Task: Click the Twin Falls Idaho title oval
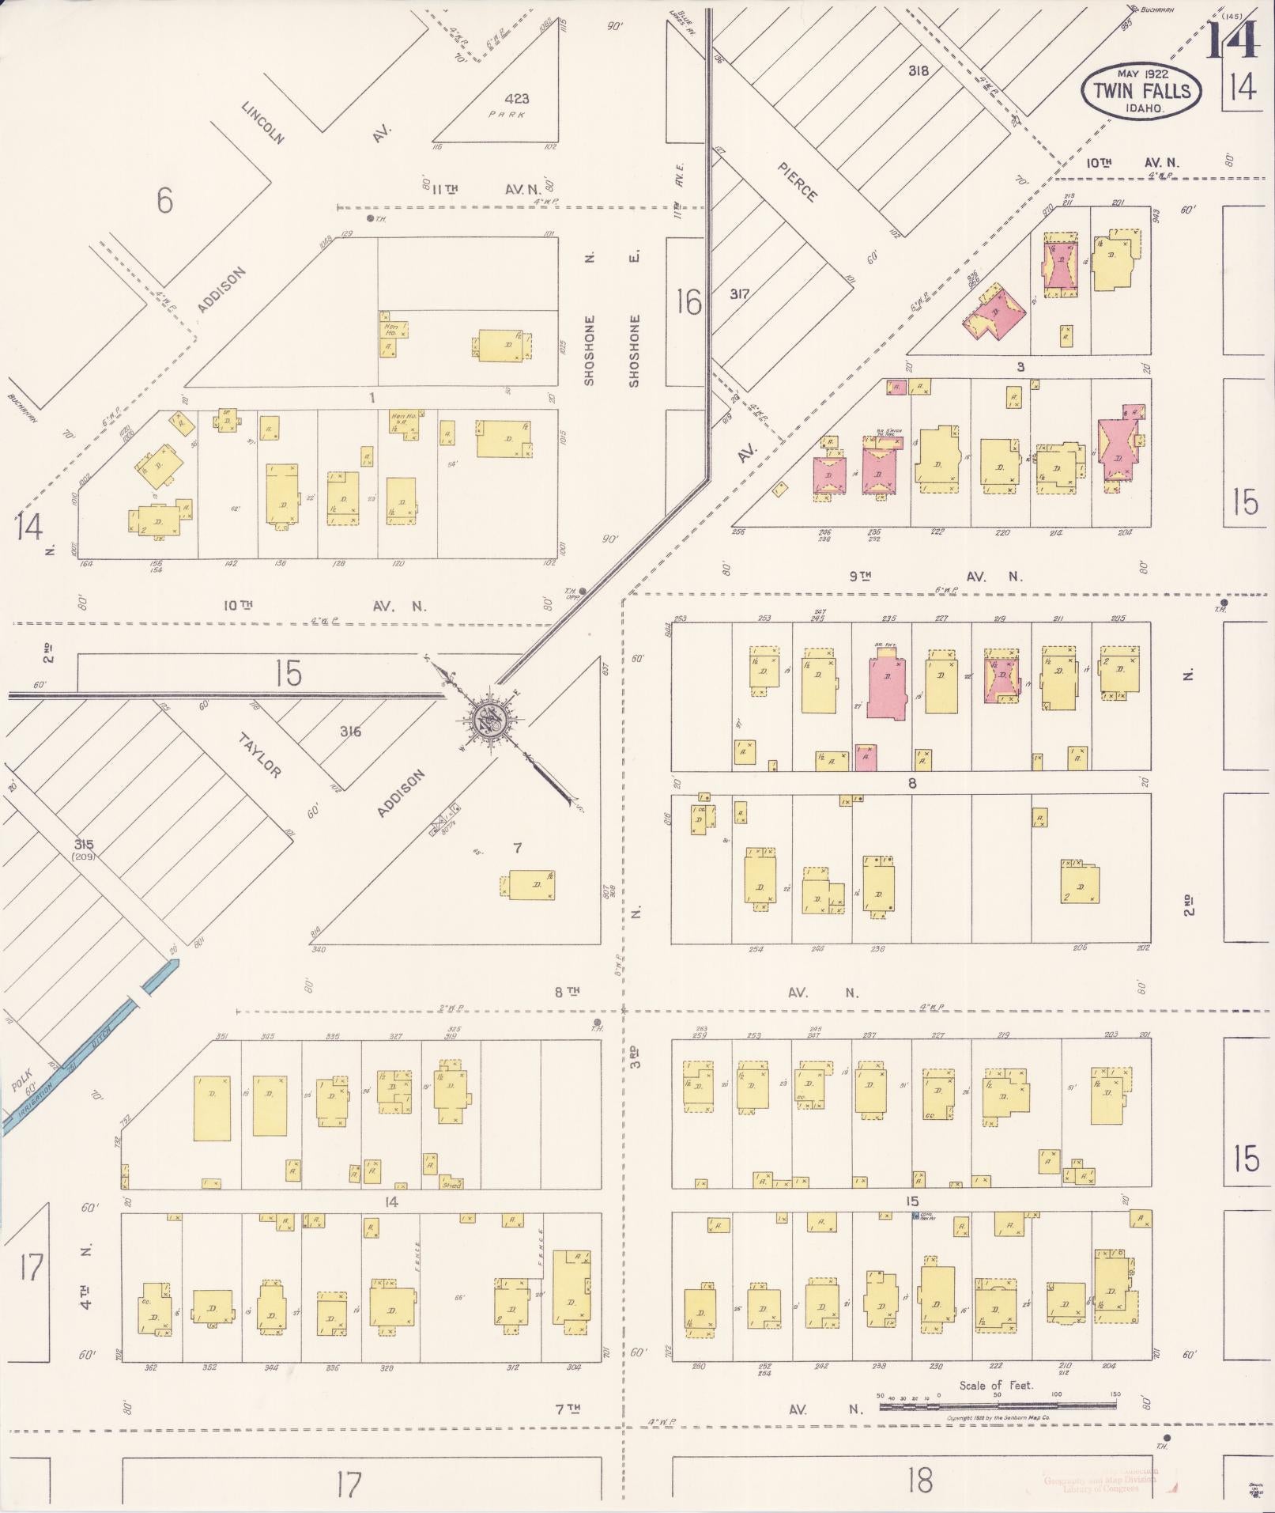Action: pos(1141,90)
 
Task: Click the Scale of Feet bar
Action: pos(998,1405)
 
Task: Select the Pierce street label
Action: pos(797,182)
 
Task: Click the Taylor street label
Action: pos(260,755)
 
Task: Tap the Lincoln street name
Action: pos(262,123)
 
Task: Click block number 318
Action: pos(918,70)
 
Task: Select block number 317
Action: pos(739,293)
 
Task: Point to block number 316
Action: pos(350,732)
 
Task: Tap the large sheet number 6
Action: pos(164,201)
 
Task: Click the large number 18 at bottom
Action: pos(920,1478)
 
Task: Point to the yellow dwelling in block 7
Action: pos(531,884)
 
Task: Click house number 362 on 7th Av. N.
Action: pos(150,1367)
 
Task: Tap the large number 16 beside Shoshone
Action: pos(688,301)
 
